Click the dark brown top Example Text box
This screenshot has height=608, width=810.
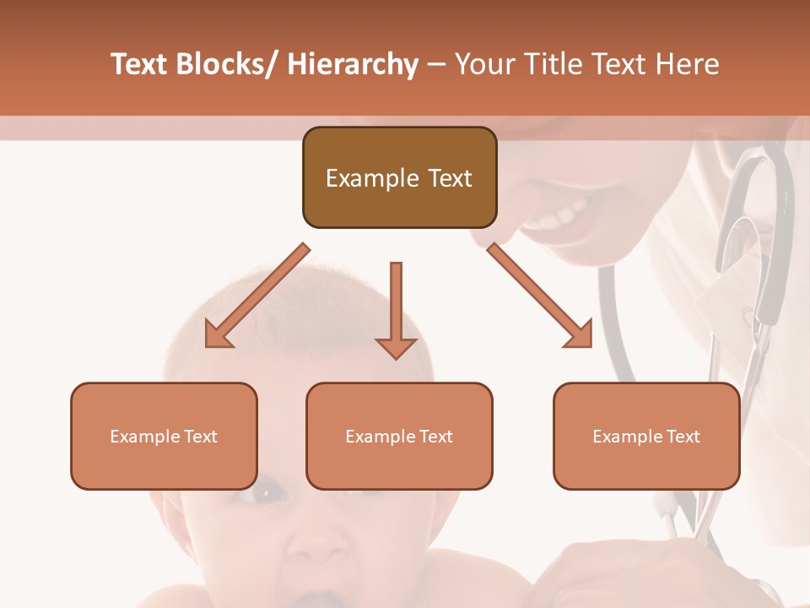pos(399,177)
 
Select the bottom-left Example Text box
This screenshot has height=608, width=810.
pos(164,436)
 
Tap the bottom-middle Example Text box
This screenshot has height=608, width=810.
pos(399,436)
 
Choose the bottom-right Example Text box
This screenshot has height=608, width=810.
pos(646,436)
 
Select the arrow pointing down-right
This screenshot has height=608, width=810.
pos(540,296)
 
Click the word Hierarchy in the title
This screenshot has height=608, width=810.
pos(353,64)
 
